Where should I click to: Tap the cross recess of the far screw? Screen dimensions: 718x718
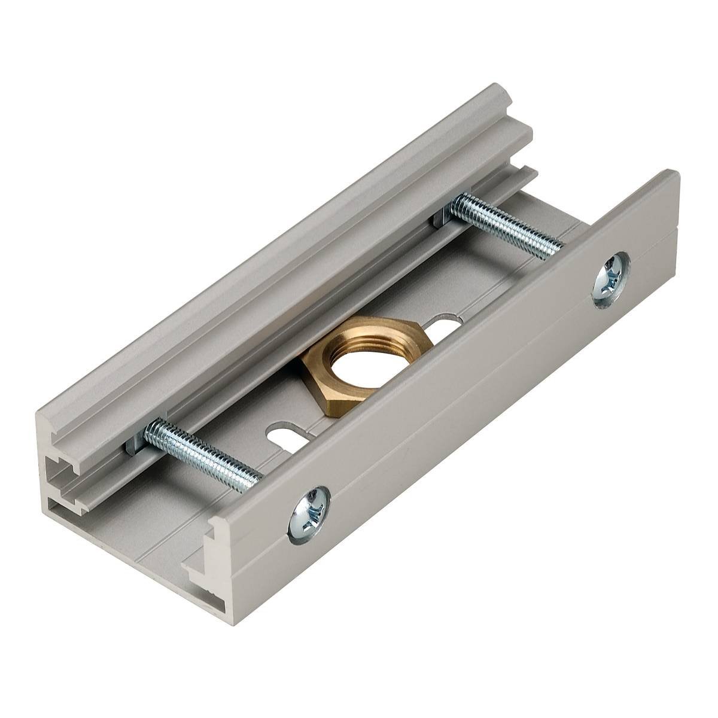611,278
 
